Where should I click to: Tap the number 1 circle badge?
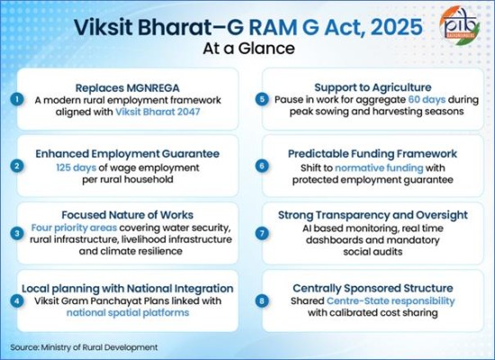(15, 98)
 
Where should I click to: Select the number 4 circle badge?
(15, 301)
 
